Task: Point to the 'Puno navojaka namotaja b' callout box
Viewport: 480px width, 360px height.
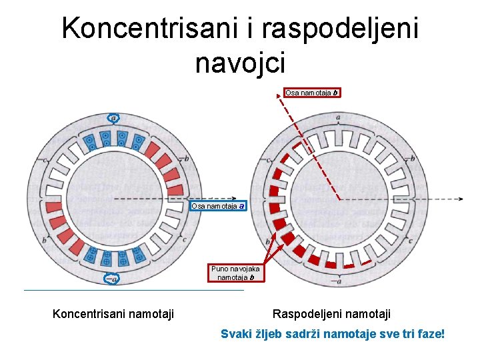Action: tap(235, 273)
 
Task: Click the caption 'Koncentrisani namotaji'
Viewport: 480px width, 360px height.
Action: tap(113, 313)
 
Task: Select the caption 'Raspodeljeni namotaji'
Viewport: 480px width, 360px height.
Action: tap(332, 313)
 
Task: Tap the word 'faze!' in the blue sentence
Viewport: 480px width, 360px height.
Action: tap(429, 333)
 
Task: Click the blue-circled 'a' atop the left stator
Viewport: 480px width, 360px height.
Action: tap(113, 118)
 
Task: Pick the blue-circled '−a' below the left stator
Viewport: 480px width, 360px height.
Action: tap(113, 279)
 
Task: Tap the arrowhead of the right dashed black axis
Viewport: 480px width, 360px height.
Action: tap(461, 199)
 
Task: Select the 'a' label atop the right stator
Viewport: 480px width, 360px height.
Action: tap(339, 117)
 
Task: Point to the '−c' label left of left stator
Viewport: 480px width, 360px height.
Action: tap(45, 160)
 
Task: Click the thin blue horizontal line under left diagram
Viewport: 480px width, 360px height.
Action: tap(133, 291)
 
